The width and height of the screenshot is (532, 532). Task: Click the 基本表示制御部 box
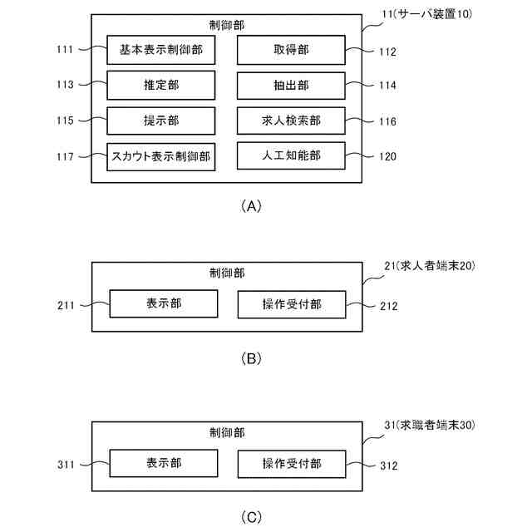pos(161,50)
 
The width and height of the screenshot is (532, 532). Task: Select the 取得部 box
pos(291,50)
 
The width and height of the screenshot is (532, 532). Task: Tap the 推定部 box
pos(161,85)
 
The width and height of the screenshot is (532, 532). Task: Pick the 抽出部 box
pos(291,85)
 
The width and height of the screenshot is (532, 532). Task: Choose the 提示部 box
pos(161,121)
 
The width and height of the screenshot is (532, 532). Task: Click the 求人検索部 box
pos(291,121)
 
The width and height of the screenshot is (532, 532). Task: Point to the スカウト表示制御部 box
pos(161,155)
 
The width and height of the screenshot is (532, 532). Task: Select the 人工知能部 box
pos(291,155)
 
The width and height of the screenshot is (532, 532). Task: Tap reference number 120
pos(386,155)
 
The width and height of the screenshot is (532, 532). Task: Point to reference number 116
pos(386,121)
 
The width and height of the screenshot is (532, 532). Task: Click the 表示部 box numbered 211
pos(164,304)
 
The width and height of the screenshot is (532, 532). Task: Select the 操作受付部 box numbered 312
pos(292,463)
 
